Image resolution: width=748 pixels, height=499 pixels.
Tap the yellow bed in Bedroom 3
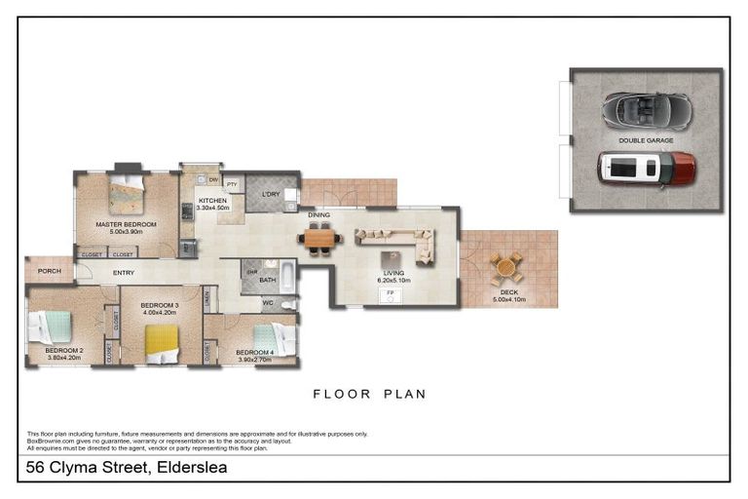(161, 343)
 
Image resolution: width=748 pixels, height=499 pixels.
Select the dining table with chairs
(318, 238)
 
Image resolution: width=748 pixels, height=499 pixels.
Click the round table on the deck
(505, 266)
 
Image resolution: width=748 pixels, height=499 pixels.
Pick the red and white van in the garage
(646, 169)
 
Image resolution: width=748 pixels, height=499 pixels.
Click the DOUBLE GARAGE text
(646, 140)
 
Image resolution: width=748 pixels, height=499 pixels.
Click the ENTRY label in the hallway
(123, 273)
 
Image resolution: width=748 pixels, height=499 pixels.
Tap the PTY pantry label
(232, 183)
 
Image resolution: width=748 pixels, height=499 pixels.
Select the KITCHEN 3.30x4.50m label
(212, 204)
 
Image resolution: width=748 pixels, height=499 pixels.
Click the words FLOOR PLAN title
(369, 395)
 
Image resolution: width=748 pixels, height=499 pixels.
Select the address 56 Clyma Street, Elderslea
(127, 468)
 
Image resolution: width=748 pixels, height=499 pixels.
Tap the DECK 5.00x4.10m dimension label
(506, 296)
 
